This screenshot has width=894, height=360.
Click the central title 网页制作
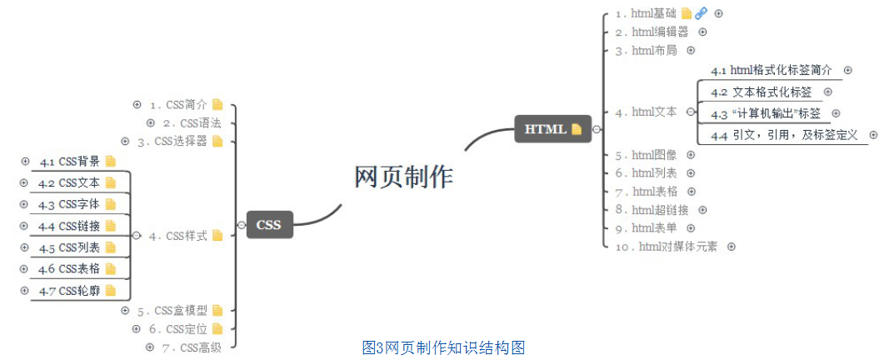tap(404, 177)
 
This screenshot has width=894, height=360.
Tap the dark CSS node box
tap(268, 224)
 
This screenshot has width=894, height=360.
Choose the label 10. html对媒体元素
tap(666, 247)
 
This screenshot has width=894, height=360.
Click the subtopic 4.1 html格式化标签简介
tap(771, 71)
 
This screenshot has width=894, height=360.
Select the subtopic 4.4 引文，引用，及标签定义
tap(784, 135)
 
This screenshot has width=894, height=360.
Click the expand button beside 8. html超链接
tap(702, 210)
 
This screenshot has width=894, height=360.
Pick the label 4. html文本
tap(646, 112)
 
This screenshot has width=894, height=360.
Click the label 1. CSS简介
tap(178, 105)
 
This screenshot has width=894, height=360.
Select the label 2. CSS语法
tap(192, 123)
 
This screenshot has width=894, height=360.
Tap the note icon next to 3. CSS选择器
tap(217, 142)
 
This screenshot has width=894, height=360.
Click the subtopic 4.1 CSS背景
tap(70, 162)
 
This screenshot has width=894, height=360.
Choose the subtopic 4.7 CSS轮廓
tap(70, 291)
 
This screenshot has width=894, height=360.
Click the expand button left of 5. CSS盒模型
tap(125, 311)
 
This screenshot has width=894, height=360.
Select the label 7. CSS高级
tap(192, 347)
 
